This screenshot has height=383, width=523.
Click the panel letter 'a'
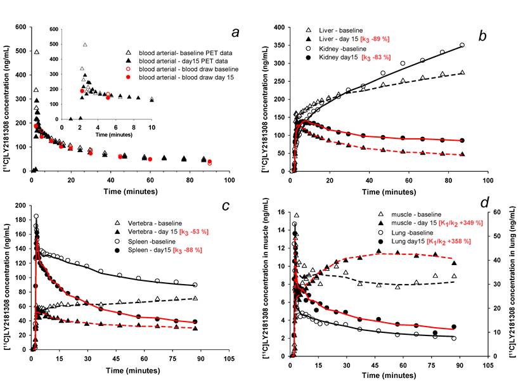pyautogui.click(x=235, y=32)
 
